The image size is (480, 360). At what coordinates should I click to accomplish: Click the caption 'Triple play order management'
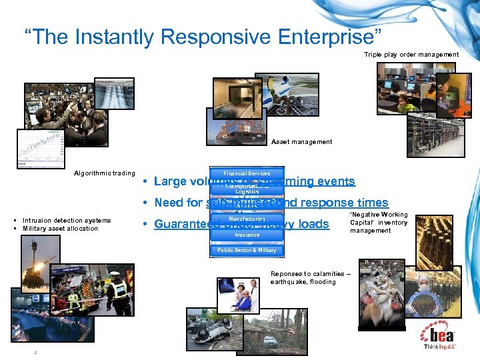(x=411, y=54)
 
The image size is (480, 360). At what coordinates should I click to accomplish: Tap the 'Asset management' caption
(x=301, y=141)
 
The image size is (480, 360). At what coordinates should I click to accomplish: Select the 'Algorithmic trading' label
(x=104, y=173)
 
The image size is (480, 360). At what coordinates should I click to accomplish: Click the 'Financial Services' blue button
(x=247, y=173)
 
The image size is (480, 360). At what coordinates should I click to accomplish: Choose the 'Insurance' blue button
(x=247, y=235)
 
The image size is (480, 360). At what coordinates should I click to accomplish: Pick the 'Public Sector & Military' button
(x=247, y=250)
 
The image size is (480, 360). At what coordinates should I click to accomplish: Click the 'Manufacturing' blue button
(x=247, y=219)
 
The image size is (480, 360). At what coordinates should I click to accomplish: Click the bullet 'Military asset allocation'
(x=60, y=228)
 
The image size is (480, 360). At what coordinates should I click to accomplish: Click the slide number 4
(x=36, y=353)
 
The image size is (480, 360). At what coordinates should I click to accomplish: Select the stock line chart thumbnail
(x=41, y=147)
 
